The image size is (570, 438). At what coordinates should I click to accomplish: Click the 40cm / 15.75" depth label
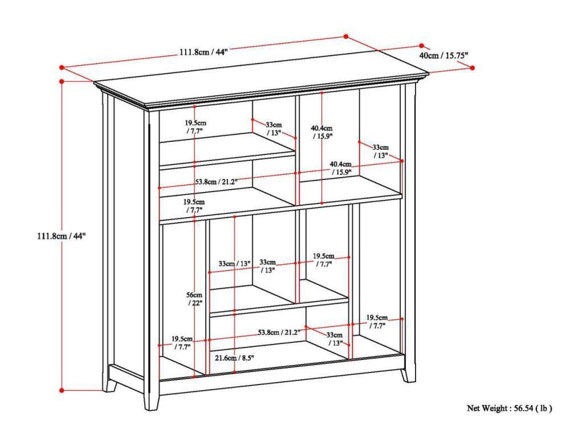[443, 56]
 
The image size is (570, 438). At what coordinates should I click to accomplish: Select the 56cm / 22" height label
[194, 299]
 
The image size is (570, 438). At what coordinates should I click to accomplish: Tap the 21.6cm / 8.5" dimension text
[234, 358]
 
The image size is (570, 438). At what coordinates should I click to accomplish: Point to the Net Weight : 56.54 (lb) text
[510, 408]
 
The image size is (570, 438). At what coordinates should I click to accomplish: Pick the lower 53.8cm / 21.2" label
[279, 332]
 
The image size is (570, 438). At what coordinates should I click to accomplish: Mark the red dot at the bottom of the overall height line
[62, 390]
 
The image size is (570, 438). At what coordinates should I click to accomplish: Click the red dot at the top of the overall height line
[62, 81]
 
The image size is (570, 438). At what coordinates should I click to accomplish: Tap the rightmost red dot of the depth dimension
[473, 68]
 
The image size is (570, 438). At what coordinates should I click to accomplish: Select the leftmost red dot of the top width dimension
[62, 68]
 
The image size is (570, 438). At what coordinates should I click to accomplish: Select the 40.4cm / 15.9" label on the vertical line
[322, 132]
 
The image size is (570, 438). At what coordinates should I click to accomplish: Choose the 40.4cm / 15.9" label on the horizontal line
[341, 168]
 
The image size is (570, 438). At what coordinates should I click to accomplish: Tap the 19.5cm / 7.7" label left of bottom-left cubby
[181, 342]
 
